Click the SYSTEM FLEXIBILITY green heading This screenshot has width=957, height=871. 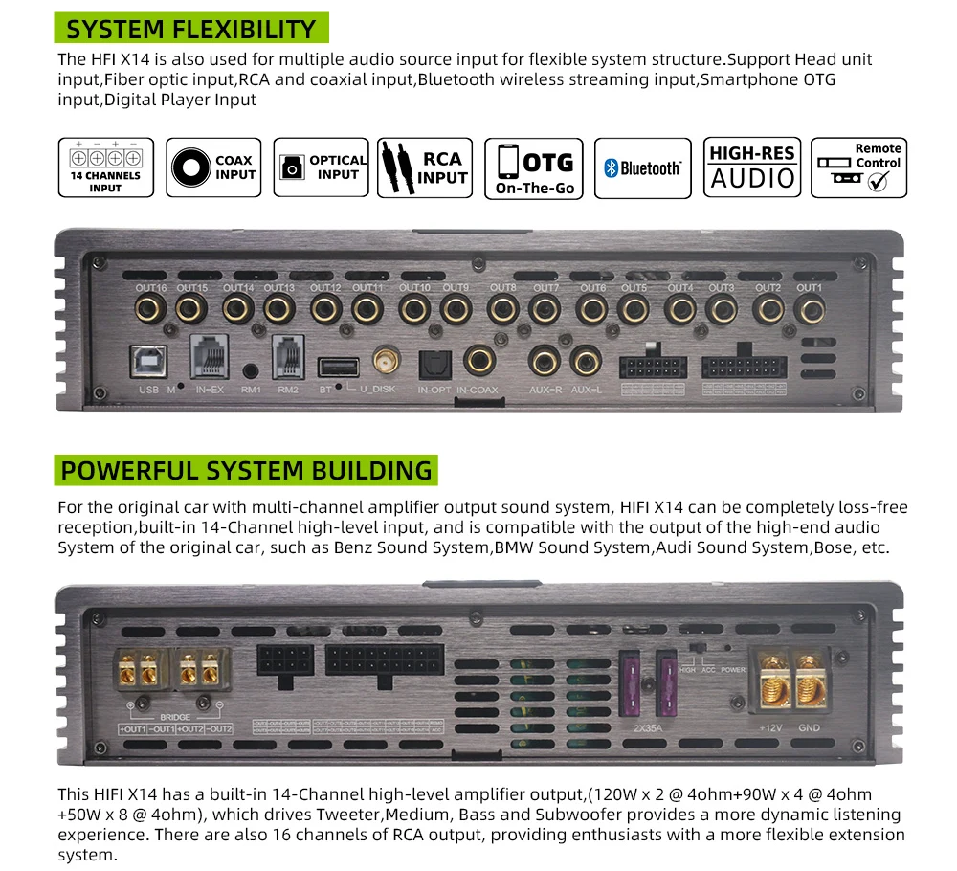click(192, 29)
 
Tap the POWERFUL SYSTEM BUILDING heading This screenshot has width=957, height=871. click(246, 471)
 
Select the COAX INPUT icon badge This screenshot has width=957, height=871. click(213, 167)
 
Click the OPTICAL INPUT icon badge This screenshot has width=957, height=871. click(321, 167)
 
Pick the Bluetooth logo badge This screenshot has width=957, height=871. click(643, 168)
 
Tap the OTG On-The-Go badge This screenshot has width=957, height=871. click(535, 167)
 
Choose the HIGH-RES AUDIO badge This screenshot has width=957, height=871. click(753, 167)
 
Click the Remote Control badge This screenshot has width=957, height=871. click(858, 167)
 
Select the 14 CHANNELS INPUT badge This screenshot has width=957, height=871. click(105, 167)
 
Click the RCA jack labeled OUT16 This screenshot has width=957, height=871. click(151, 309)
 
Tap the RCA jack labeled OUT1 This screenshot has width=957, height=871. click(811, 309)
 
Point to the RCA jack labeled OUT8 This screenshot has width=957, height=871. click(502, 309)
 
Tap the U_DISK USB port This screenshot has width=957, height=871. click(339, 367)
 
